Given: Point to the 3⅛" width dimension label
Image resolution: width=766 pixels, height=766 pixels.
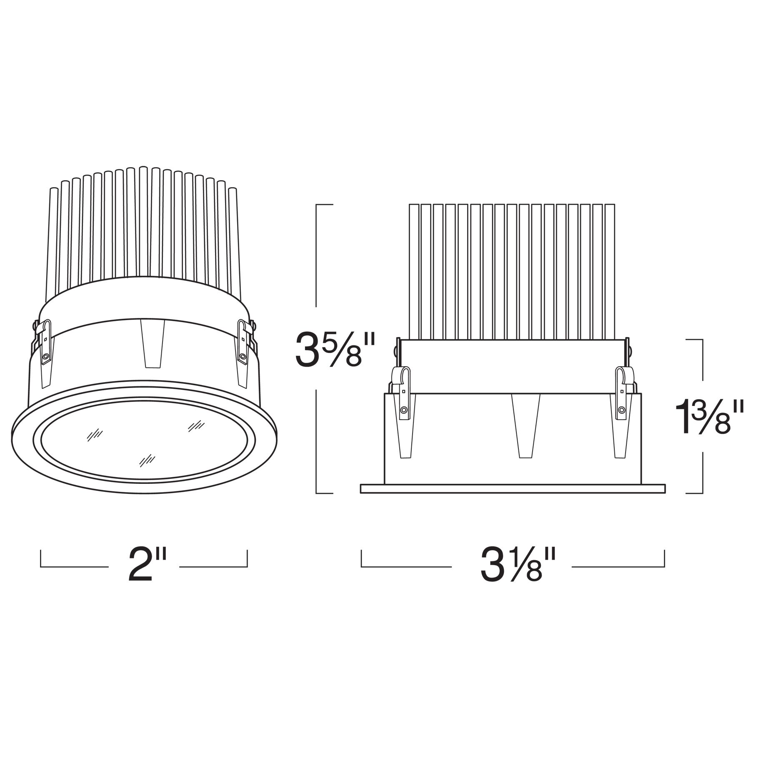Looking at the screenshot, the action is tap(518, 566).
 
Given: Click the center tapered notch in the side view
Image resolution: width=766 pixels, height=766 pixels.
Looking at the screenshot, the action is tap(526, 426).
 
